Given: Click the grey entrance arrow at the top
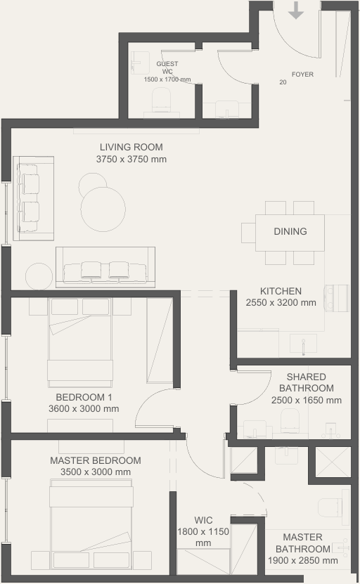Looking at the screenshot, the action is coord(296,10).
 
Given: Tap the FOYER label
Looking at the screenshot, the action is coord(302,74).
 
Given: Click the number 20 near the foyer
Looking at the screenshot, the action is coord(283,82).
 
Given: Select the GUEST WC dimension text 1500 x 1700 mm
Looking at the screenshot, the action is coord(167,79).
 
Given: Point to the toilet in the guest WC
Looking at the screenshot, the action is coord(161,100).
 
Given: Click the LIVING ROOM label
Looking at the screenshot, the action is coord(131,147).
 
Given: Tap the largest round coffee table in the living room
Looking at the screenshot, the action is coord(103,209).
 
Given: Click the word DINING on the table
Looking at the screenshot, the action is coord(290,231).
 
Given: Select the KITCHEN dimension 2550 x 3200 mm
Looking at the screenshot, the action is coord(281,302).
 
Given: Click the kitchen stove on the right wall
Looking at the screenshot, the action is coord(337,297).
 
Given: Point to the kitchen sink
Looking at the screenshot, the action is coord(303,343).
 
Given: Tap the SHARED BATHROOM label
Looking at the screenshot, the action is coord(307,382).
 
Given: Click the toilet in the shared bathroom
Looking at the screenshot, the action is coord(290,421).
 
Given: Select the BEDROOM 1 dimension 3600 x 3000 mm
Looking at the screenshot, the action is coord(84,408).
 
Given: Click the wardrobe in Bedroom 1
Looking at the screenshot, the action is coord(160,340).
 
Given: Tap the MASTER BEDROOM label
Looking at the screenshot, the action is coord(96,460).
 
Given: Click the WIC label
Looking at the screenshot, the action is coord(203,520).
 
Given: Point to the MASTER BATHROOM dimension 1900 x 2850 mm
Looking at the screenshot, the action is coord(302,560).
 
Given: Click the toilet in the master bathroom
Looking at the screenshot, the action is coord(330,507).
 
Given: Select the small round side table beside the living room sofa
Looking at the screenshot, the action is coord(39,276).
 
